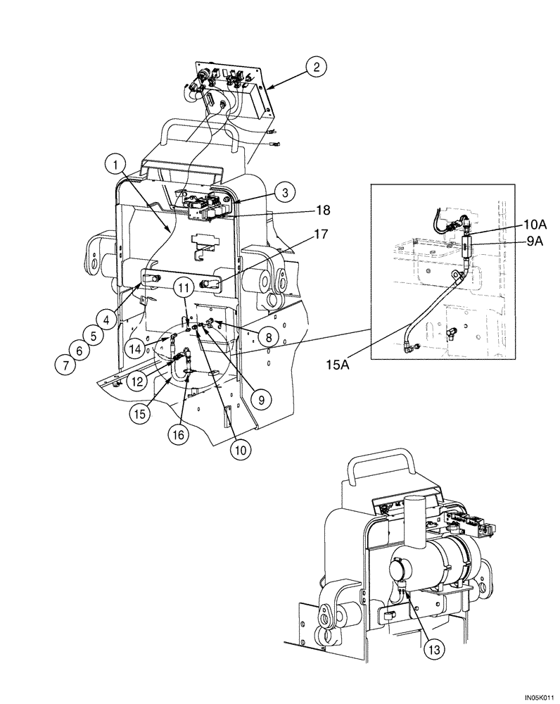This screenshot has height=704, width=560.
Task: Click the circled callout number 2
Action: pos(317,68)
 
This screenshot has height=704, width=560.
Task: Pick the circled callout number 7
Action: pos(65,364)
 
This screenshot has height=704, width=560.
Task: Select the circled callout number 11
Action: pos(184,287)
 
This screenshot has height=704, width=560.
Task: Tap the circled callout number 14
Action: pos(136,348)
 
